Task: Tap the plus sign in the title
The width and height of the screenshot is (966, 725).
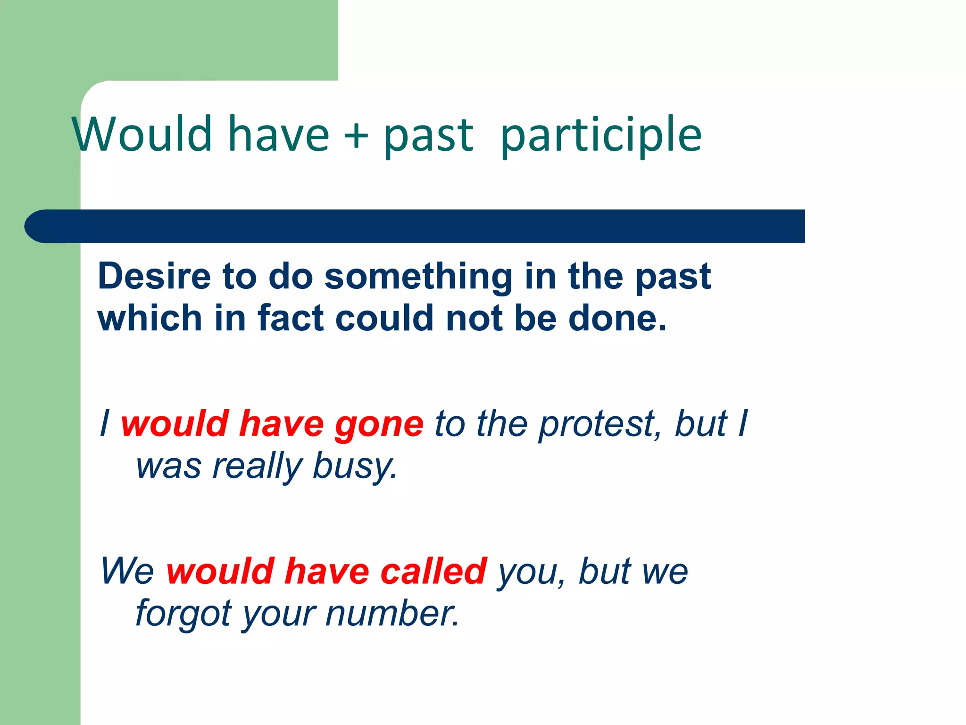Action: [356, 135]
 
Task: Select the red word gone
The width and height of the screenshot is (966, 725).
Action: [379, 424]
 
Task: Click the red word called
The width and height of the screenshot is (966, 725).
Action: [433, 571]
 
